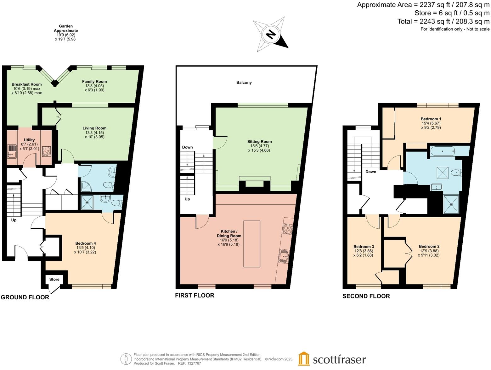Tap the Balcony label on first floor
pos(244,83)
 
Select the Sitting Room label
pos(259,142)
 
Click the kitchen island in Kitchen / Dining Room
pos(252,244)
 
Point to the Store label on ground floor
pos(54,279)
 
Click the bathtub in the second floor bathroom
pos(443,151)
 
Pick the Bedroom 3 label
pos(364,247)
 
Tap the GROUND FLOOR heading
pos(25,297)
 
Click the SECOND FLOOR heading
pos(366,296)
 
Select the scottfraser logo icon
pos(304,358)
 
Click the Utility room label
pos(29,140)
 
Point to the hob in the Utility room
pos(47,151)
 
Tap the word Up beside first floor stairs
pos(187,199)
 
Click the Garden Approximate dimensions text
pos(66,33)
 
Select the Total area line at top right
pos(443,21)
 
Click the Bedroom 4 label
pos(86,243)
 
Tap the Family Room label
pos(94,82)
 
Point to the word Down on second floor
pos(371,172)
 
